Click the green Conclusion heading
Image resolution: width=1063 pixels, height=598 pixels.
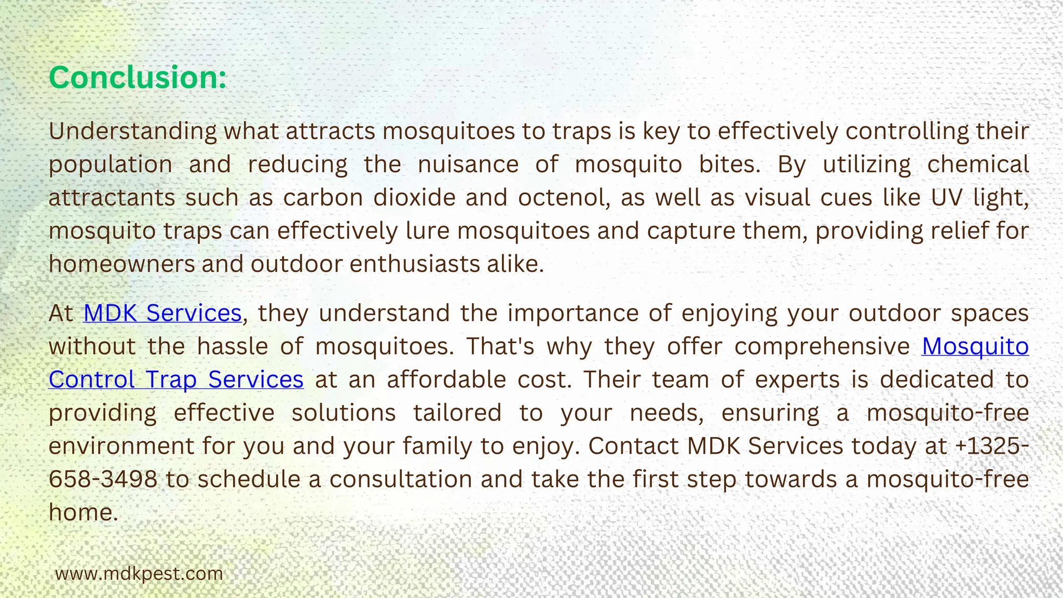click(x=138, y=77)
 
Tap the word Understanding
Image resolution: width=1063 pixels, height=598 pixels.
click(x=132, y=131)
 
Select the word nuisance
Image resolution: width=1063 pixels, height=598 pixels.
click(x=468, y=165)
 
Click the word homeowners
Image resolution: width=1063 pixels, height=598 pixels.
click(x=121, y=264)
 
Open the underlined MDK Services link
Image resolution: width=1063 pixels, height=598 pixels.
click(x=162, y=313)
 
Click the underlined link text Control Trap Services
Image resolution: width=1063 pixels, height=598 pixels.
click(x=176, y=379)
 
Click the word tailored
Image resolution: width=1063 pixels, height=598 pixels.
click(x=457, y=413)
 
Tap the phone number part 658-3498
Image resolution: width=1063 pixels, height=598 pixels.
click(x=103, y=479)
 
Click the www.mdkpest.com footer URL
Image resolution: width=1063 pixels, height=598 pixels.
click(x=139, y=574)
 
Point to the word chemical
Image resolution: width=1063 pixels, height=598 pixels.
click(x=978, y=165)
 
